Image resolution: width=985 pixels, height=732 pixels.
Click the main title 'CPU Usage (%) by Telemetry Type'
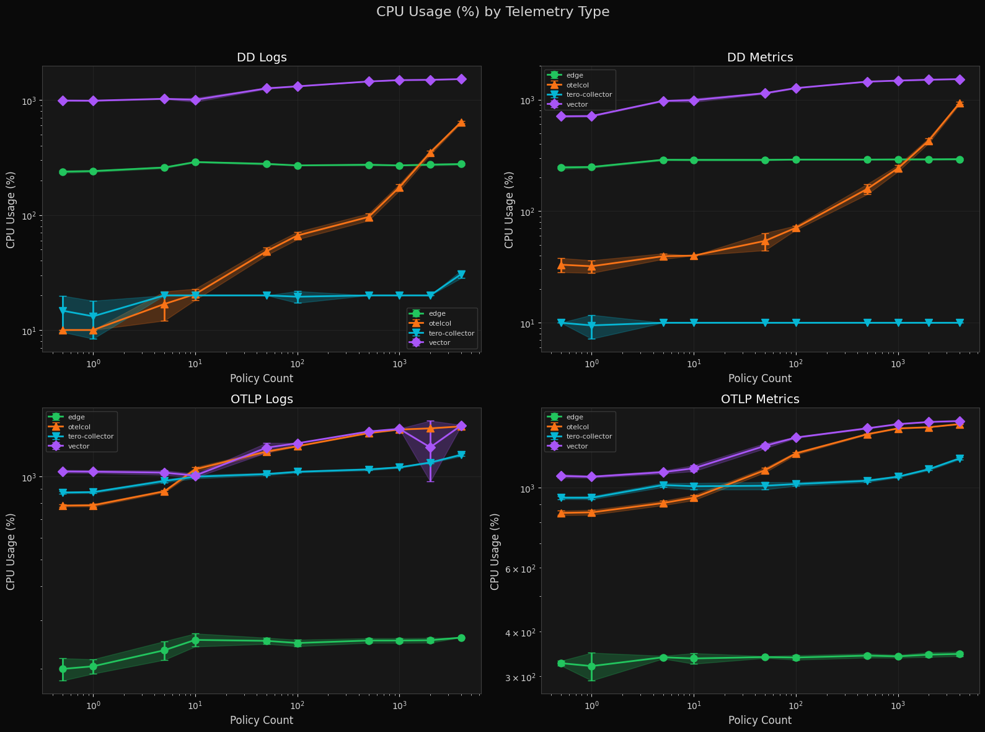tap(493, 12)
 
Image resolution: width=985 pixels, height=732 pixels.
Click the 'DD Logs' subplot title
tap(262, 58)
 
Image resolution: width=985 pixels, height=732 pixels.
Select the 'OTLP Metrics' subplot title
tap(760, 399)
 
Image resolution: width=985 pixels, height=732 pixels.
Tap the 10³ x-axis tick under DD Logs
tap(399, 364)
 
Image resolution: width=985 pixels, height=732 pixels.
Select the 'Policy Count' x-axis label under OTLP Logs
tap(262, 720)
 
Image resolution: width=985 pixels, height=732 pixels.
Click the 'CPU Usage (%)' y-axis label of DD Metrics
tap(510, 210)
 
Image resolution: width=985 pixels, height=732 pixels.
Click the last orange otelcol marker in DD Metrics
tap(960, 104)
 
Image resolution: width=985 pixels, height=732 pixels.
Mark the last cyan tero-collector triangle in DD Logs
tap(461, 274)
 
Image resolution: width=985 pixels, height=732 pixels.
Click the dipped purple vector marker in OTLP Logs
tap(430, 447)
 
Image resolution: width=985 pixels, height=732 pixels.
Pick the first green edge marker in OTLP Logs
tap(63, 669)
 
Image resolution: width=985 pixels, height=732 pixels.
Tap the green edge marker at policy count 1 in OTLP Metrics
tap(591, 666)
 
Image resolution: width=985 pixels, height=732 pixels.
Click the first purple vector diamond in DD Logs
tap(63, 100)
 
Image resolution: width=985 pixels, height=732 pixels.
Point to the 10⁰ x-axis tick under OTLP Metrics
tap(591, 705)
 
